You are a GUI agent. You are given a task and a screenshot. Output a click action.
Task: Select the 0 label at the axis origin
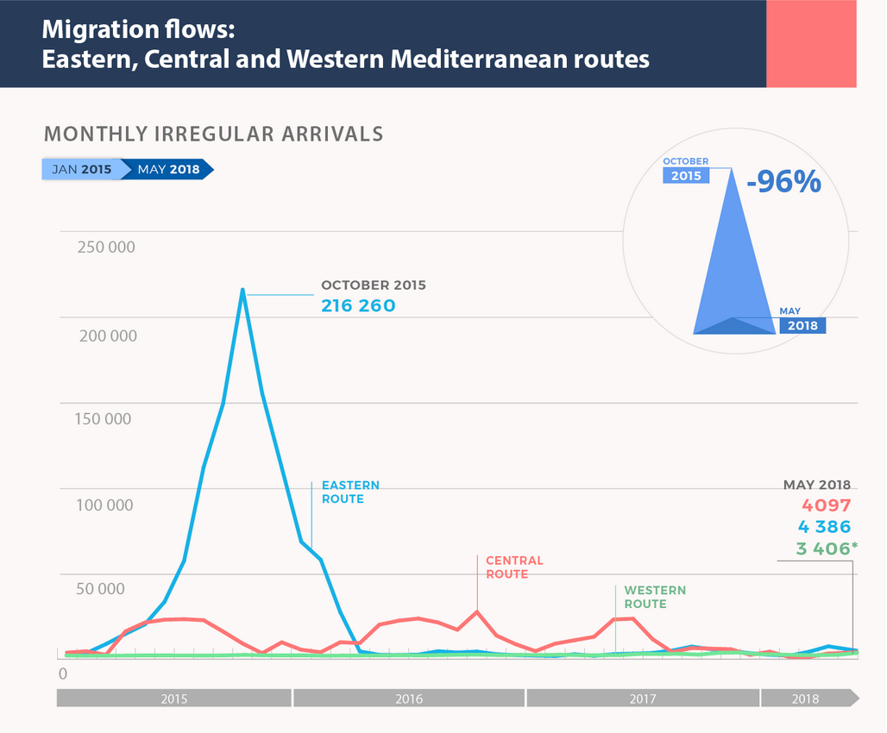pos(62,673)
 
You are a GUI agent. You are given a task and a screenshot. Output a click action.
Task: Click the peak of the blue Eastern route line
pos(242,290)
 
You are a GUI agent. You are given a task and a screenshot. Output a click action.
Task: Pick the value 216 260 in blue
pos(358,305)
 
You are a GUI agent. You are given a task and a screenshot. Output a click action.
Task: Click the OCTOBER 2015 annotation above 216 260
pos(373,285)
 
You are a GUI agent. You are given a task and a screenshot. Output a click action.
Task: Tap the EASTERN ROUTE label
pos(349,492)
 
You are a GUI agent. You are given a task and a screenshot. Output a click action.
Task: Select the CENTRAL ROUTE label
pos(514,567)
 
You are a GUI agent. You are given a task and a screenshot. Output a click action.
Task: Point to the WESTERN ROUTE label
pos(655,597)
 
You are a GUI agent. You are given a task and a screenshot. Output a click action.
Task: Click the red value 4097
pos(827,505)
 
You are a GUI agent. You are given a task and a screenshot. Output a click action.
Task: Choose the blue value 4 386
pos(824,527)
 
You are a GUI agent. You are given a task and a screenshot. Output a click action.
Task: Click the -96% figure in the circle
pos(783,182)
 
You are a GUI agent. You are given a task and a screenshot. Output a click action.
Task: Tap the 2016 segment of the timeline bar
pos(409,699)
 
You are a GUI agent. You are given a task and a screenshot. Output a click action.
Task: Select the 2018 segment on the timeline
pos(806,699)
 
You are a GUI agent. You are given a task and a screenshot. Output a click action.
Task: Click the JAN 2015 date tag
pos(81,169)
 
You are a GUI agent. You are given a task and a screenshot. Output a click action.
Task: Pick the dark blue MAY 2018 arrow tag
pos(169,169)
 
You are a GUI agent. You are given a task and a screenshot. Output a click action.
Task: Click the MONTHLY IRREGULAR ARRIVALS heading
pos(213,135)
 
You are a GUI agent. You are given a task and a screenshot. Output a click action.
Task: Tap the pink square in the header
pos(811,43)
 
